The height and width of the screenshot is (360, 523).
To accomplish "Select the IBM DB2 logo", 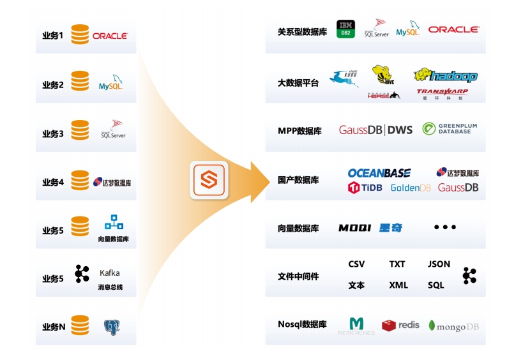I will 345,29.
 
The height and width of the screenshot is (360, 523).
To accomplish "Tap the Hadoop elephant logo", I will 445,76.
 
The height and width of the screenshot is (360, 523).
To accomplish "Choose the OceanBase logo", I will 379,173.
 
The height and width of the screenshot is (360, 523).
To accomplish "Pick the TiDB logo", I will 365,188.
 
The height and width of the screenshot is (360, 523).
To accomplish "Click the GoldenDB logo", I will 411,188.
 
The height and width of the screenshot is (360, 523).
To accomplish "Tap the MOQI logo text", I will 355,228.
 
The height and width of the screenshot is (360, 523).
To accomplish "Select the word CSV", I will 356,264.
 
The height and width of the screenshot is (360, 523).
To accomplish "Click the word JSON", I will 439,264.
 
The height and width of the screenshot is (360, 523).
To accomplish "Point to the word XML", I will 398,285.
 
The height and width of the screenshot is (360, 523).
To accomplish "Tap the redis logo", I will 400,326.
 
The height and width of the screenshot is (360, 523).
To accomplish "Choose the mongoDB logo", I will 453,326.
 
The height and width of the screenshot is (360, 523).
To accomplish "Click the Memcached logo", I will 356,326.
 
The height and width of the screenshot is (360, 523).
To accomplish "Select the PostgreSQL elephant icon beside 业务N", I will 112,327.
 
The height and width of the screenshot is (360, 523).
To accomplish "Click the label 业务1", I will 52,36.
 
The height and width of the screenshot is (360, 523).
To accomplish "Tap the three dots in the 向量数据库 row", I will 445,227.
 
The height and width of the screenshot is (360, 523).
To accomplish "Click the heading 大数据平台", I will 298,83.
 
